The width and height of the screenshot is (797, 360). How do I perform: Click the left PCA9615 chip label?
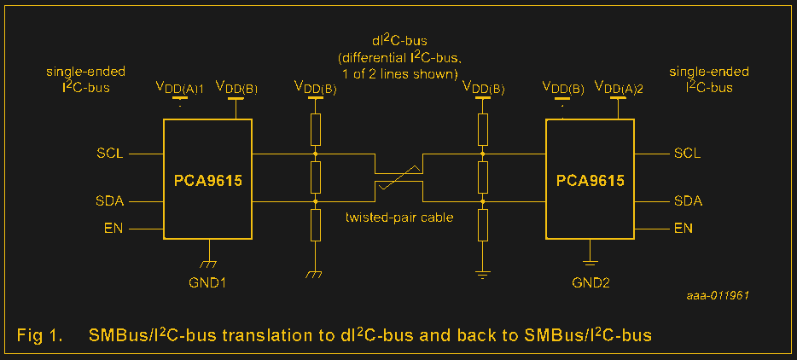(x=207, y=180)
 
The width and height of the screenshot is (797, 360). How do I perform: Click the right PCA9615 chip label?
(x=590, y=180)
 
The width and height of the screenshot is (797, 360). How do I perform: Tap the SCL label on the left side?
(x=110, y=154)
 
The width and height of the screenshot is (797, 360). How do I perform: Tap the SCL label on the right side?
(x=687, y=154)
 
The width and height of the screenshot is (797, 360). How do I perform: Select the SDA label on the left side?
(x=110, y=201)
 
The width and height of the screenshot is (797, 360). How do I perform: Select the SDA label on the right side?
(x=688, y=201)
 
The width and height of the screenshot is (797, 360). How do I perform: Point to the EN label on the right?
(x=684, y=228)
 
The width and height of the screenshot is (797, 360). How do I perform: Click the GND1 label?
(x=208, y=282)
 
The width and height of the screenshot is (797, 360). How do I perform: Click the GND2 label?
(x=590, y=282)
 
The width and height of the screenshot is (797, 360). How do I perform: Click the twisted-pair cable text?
(x=399, y=218)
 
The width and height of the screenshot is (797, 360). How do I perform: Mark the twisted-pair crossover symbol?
(x=399, y=177)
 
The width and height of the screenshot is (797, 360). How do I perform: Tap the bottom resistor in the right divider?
(x=483, y=225)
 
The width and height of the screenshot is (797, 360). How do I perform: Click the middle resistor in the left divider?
(x=315, y=178)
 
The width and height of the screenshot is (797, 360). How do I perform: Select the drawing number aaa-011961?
(x=718, y=294)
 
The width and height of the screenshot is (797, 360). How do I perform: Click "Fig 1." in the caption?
(x=39, y=335)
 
